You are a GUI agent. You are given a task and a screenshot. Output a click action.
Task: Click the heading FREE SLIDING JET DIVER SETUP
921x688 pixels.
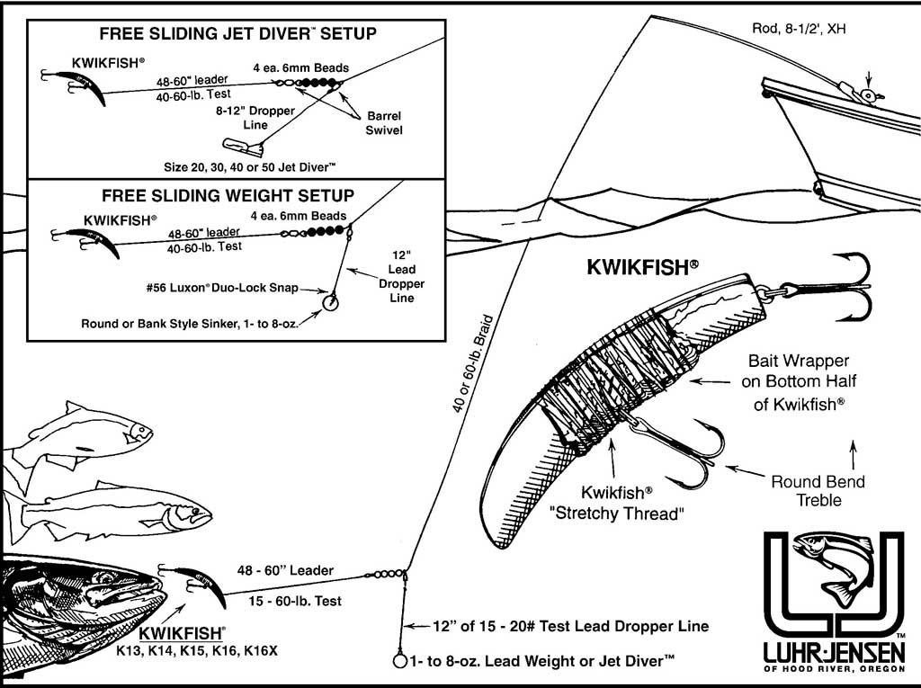coord(237,34)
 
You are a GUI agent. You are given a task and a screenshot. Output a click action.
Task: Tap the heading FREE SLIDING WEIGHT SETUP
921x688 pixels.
coord(228,195)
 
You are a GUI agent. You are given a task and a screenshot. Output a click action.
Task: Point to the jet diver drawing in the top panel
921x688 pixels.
coord(242,145)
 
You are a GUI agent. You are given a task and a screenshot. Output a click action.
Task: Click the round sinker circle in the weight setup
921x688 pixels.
coord(330,301)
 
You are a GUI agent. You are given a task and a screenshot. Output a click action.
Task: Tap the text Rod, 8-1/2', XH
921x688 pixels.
coord(800,28)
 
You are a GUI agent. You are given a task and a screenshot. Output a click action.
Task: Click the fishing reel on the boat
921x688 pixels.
coord(866,94)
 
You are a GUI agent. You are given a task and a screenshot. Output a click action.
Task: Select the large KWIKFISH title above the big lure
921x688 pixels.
coord(643,267)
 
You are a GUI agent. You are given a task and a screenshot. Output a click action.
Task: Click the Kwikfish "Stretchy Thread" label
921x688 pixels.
coord(629,503)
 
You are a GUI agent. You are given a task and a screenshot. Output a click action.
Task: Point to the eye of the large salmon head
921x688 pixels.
coord(107,576)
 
